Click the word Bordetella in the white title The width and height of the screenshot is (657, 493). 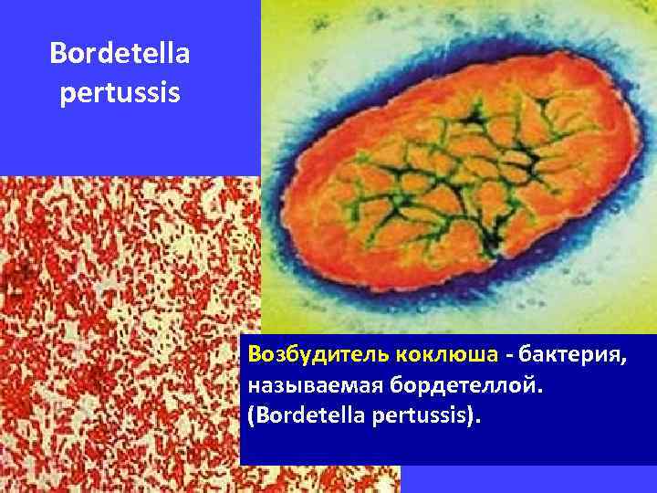click(120, 54)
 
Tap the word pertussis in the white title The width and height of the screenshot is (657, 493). click(120, 94)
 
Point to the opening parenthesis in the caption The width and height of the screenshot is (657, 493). click(249, 417)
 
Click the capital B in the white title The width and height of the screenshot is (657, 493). click(58, 54)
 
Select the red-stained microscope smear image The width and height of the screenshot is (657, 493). click(119, 329)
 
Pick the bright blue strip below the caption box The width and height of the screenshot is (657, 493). click(529, 479)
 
